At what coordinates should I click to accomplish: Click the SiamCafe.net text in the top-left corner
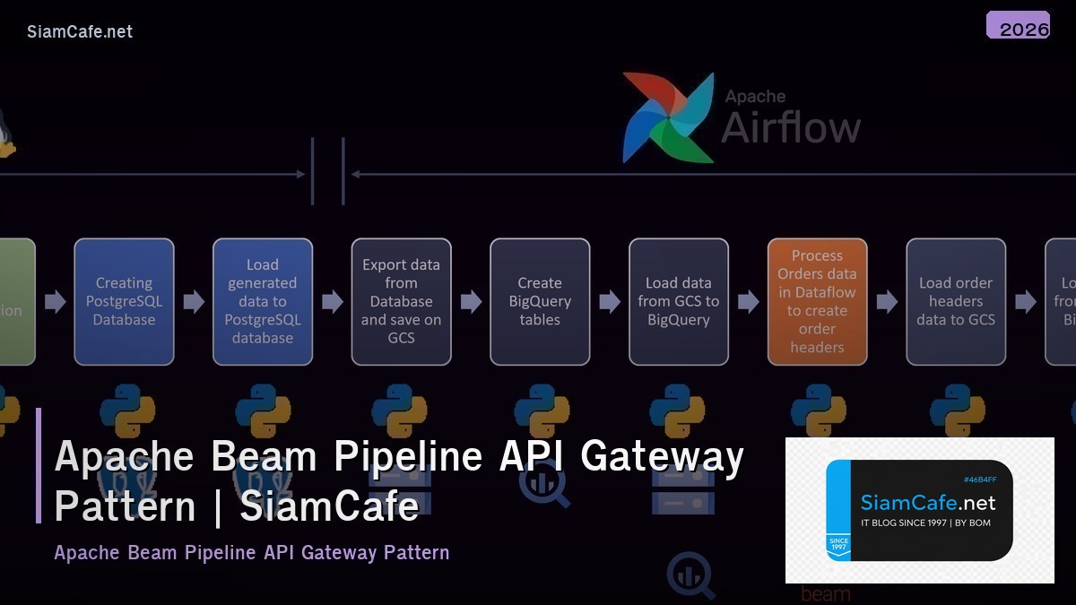[x=80, y=31]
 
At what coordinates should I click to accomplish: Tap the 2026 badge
[x=1018, y=26]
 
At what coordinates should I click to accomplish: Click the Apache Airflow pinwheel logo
[x=668, y=117]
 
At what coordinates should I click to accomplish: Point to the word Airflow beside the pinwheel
[x=791, y=127]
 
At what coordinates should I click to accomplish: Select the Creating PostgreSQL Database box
[x=124, y=301]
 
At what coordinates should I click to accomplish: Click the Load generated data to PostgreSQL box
[x=263, y=301]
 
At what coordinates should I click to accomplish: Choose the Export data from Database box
[x=401, y=301]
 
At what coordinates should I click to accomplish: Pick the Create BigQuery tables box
[x=540, y=301]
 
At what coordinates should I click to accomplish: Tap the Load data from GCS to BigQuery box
[x=678, y=301]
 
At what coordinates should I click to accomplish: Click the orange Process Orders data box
[x=817, y=301]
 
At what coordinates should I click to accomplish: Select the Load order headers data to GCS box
[x=956, y=301]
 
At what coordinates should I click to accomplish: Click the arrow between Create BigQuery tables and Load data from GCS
[x=610, y=301]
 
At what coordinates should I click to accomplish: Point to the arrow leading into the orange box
[x=749, y=301]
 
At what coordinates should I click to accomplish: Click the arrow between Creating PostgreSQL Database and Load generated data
[x=194, y=301]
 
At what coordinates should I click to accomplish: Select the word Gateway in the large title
[x=662, y=456]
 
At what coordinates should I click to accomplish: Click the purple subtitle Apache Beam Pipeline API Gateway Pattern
[x=252, y=552]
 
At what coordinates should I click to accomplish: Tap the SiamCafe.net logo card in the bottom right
[x=919, y=510]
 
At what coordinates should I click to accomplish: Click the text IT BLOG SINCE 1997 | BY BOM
[x=925, y=523]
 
